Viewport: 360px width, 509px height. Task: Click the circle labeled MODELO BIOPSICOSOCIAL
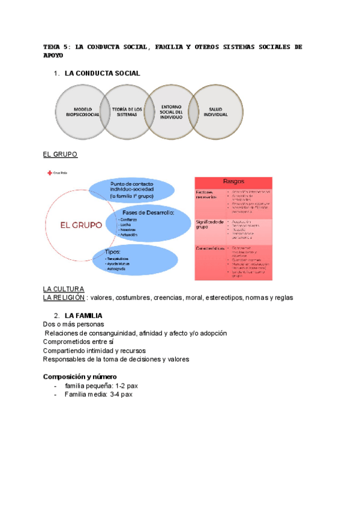point(82,111)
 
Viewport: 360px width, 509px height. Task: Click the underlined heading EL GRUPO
point(60,154)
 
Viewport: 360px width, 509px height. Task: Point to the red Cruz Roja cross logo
point(49,173)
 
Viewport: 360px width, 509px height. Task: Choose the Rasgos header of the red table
point(233,181)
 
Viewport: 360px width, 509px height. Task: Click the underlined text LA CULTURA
point(64,289)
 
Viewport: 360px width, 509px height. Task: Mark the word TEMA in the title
point(53,46)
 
